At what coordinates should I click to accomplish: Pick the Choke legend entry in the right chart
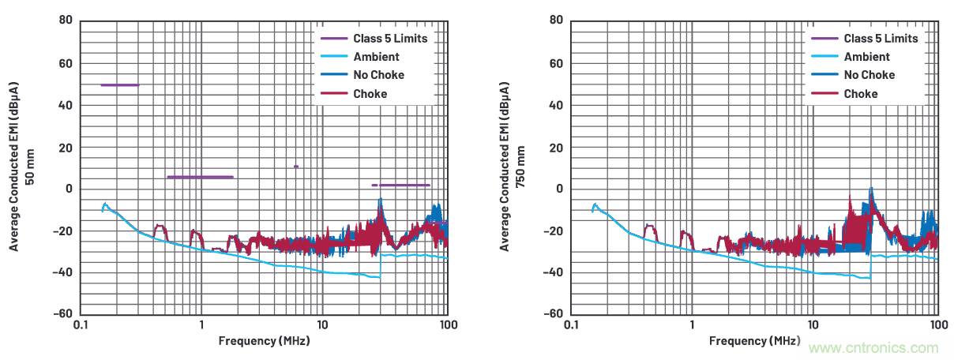coord(860,94)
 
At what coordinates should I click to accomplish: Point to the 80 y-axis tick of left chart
coord(66,21)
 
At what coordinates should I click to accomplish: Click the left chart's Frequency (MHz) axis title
coord(264,341)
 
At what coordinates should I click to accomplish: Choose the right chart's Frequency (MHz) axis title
coord(754,341)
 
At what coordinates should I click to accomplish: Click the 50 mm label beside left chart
coord(31,167)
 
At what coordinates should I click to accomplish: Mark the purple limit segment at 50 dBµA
coord(119,84)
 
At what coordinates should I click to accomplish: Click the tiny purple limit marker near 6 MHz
coord(296,167)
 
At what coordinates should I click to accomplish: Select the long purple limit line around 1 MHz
coord(200,177)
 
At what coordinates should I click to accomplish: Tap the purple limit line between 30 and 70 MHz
coord(401,185)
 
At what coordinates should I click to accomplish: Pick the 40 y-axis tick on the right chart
coord(556,105)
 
